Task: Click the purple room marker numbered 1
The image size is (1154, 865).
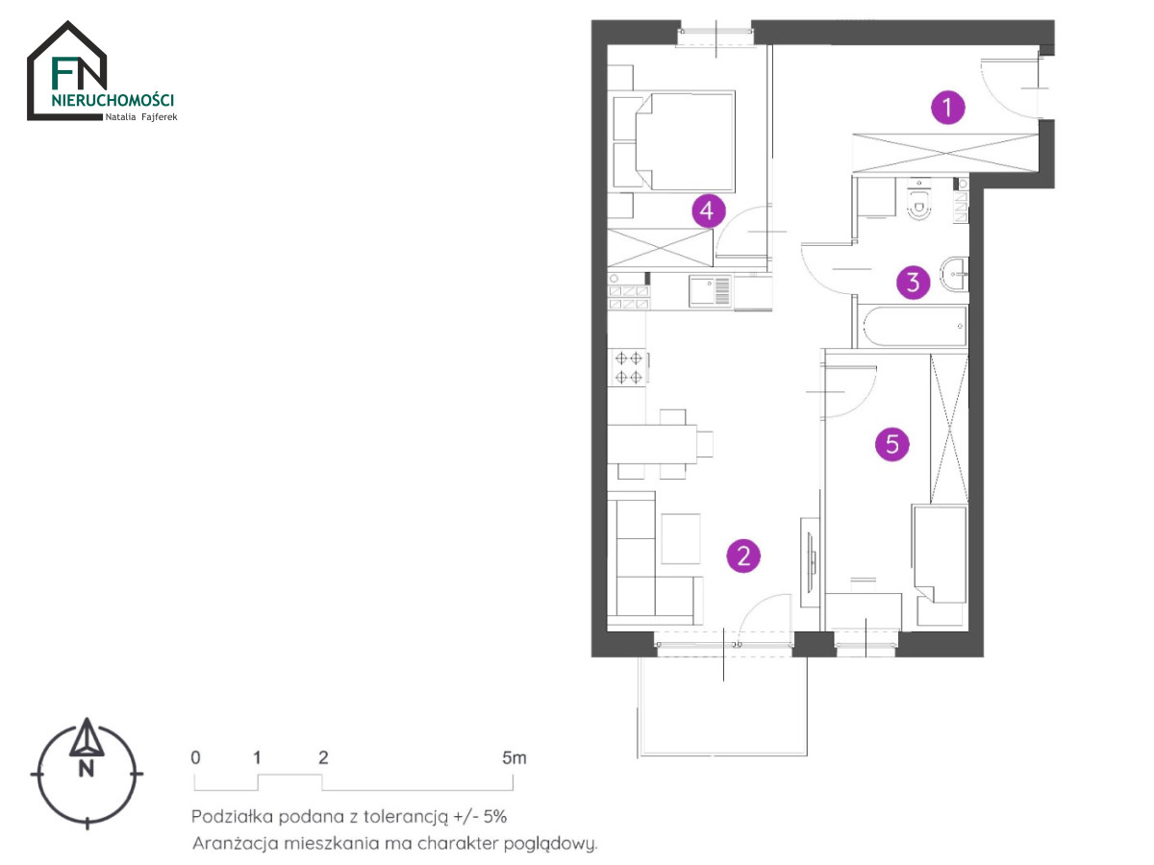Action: [x=947, y=108]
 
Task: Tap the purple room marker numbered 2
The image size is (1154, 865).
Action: [x=742, y=556]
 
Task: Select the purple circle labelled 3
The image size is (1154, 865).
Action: [x=913, y=282]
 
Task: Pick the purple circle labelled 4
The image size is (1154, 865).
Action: [x=708, y=210]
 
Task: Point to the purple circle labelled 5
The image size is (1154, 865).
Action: [x=891, y=444]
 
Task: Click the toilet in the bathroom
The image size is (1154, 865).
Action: [x=919, y=200]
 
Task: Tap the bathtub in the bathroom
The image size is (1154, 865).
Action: [x=915, y=326]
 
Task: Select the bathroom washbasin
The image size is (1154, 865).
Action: [x=954, y=274]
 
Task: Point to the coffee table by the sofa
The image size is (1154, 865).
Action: [x=680, y=538]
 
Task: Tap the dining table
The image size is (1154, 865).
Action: [x=652, y=444]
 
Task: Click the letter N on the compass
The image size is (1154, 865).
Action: [x=87, y=770]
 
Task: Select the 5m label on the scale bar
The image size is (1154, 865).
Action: [x=514, y=758]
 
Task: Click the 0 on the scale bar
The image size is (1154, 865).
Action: [x=195, y=758]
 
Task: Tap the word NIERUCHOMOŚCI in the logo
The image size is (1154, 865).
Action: [x=113, y=100]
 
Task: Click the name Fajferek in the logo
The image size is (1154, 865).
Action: [x=160, y=117]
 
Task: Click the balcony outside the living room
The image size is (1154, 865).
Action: [x=722, y=706]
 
